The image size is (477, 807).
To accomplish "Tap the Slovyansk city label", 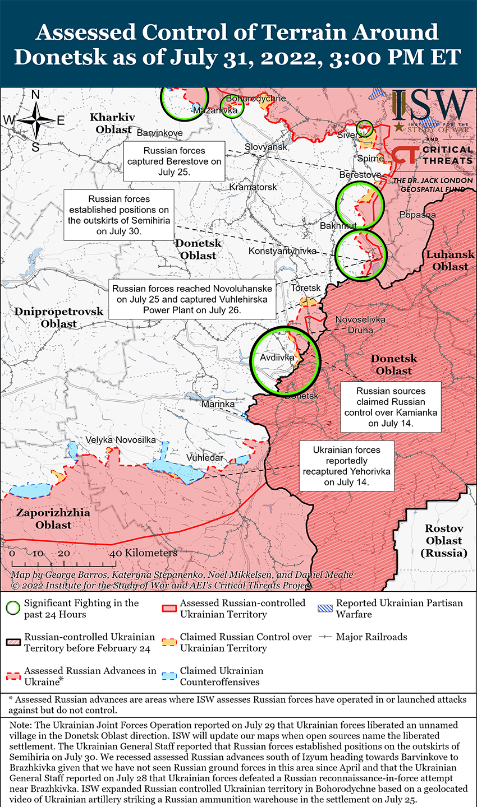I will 266,147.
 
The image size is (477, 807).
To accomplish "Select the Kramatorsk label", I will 253,187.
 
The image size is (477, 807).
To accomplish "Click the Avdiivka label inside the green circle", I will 277,357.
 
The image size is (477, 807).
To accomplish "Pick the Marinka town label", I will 218,403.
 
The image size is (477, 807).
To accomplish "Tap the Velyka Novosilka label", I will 121,440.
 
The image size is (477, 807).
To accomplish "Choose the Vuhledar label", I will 205,457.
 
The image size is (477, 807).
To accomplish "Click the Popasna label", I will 418,215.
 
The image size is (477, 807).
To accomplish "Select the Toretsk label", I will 306,288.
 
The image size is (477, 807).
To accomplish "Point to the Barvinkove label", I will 160,133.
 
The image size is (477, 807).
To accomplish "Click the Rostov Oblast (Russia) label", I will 444,541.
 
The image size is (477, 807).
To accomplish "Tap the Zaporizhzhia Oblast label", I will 53,519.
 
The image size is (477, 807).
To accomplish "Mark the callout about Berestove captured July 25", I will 175,161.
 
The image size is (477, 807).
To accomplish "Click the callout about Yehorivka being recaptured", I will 347,466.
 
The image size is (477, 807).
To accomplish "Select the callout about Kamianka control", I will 391,407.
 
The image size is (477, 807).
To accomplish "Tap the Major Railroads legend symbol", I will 325,637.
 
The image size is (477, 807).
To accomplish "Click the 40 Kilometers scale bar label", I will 144,553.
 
